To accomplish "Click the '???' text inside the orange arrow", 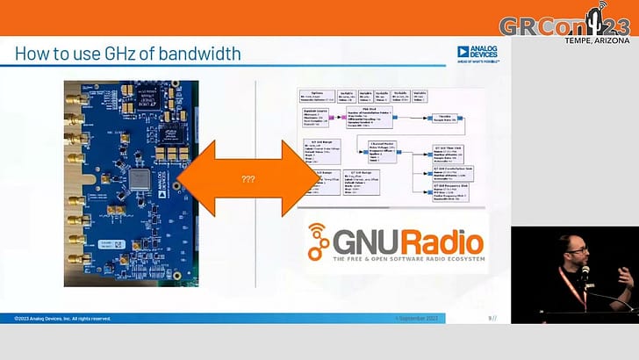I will coord(248,180).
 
